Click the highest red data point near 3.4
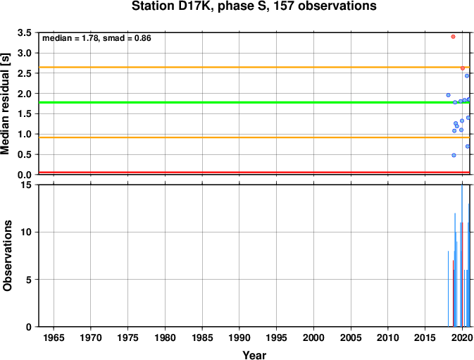pos(453,37)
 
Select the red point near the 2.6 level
pos(463,68)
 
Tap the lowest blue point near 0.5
pos(454,155)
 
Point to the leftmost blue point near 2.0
pos(449,95)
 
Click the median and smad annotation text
pos(96,38)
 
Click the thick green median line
pos(254,102)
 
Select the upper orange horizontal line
pos(254,67)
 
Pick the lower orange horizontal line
pos(254,137)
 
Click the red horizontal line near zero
pos(254,173)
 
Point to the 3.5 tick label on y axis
pos(25,32)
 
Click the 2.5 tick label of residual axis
pos(25,73)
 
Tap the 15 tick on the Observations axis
pos(27,185)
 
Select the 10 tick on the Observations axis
pos(27,232)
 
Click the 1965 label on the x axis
pos(54,337)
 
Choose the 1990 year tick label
pos(239,337)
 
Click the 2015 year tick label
pos(425,337)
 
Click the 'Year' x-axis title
pos(254,355)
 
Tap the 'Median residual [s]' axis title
pos(6,104)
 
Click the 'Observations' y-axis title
pos(7,256)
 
